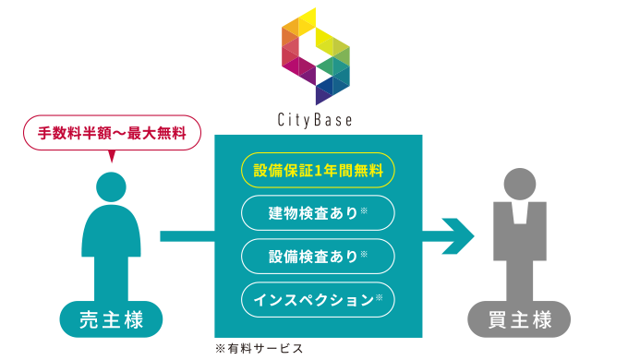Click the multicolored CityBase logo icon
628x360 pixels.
316,56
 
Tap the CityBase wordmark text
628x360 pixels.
315,120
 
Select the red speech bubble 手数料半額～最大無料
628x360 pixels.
112,133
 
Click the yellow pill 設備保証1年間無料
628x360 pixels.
318,170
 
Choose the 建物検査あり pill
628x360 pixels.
318,213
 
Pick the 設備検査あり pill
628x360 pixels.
318,257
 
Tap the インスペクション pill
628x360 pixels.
318,299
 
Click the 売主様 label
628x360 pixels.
112,319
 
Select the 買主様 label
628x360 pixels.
519,319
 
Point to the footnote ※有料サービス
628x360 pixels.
260,349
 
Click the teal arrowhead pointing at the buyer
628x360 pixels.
458,236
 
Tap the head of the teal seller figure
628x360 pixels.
112,187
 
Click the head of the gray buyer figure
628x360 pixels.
520,185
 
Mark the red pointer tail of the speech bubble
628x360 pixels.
112,156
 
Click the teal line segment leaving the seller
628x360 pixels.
187,236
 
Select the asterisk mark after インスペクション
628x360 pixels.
379,297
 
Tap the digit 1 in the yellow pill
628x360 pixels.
319,171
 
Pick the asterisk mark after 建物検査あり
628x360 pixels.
364,210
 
